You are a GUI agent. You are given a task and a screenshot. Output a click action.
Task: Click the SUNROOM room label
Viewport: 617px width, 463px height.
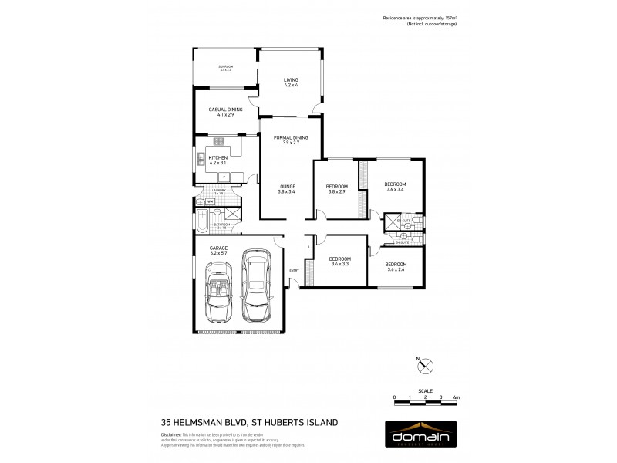click(225, 68)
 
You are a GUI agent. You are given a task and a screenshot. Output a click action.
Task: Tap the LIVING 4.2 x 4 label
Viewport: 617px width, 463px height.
click(290, 83)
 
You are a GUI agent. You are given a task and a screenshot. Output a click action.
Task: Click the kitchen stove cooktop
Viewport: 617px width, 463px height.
click(218, 141)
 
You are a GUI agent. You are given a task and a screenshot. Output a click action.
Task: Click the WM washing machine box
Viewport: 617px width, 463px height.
click(210, 201)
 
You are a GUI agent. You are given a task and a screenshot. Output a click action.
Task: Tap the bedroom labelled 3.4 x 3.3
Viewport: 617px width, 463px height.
click(340, 261)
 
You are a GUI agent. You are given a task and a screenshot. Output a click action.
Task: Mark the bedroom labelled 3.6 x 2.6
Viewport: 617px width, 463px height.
click(395, 266)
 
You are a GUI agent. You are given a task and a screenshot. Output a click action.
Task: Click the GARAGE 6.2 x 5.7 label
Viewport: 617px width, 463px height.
click(218, 250)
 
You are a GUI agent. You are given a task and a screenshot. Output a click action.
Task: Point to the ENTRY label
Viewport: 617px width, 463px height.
click(294, 270)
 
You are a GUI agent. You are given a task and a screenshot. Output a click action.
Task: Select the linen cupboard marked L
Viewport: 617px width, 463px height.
click(308, 246)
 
